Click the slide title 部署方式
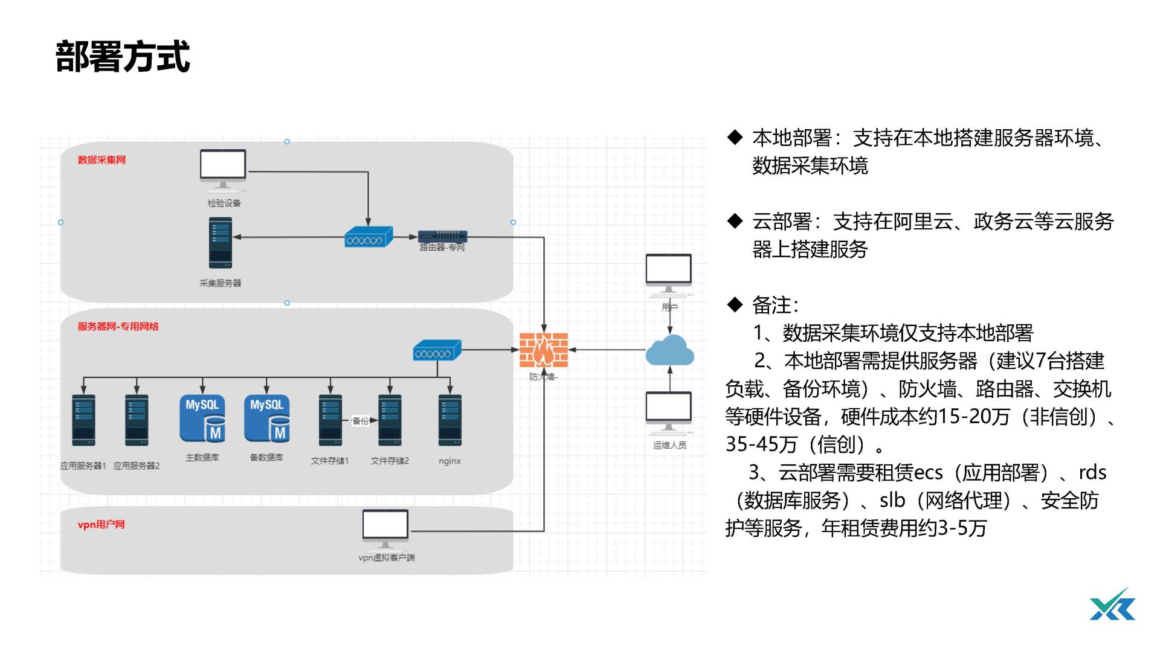tap(123, 57)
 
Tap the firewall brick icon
tap(544, 350)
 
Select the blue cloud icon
tap(669, 351)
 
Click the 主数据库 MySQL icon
tap(202, 418)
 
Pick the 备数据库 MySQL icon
tap(266, 418)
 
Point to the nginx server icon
tap(450, 420)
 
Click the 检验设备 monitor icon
tap(223, 168)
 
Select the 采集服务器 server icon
tap(221, 243)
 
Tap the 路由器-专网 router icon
tap(442, 236)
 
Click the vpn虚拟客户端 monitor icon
tap(385, 526)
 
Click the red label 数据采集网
tap(101, 160)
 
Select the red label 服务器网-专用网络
tap(118, 327)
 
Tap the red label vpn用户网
tap(101, 525)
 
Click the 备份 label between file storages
tap(360, 421)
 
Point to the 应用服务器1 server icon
tap(83, 420)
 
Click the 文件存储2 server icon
tap(390, 420)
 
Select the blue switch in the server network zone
tap(437, 351)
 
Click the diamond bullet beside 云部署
tap(735, 222)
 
